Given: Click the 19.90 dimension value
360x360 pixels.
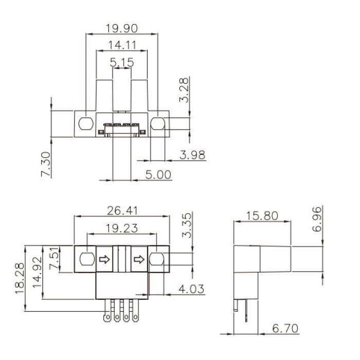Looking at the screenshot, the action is (122, 28).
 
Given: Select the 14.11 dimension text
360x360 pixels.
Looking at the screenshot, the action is (122, 45).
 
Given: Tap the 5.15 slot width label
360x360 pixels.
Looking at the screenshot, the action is (122, 62).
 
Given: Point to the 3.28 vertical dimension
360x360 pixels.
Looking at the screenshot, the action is (184, 90).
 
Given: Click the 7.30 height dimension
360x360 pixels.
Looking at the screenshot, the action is (46, 164).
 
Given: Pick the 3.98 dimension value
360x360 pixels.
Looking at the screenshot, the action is (192, 155).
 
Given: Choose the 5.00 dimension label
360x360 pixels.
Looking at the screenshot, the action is (158, 175).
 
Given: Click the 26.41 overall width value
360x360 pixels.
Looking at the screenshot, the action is (122, 211).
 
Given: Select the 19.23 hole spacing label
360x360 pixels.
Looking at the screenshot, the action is (122, 228).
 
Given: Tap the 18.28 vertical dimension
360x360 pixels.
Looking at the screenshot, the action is (20, 279).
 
